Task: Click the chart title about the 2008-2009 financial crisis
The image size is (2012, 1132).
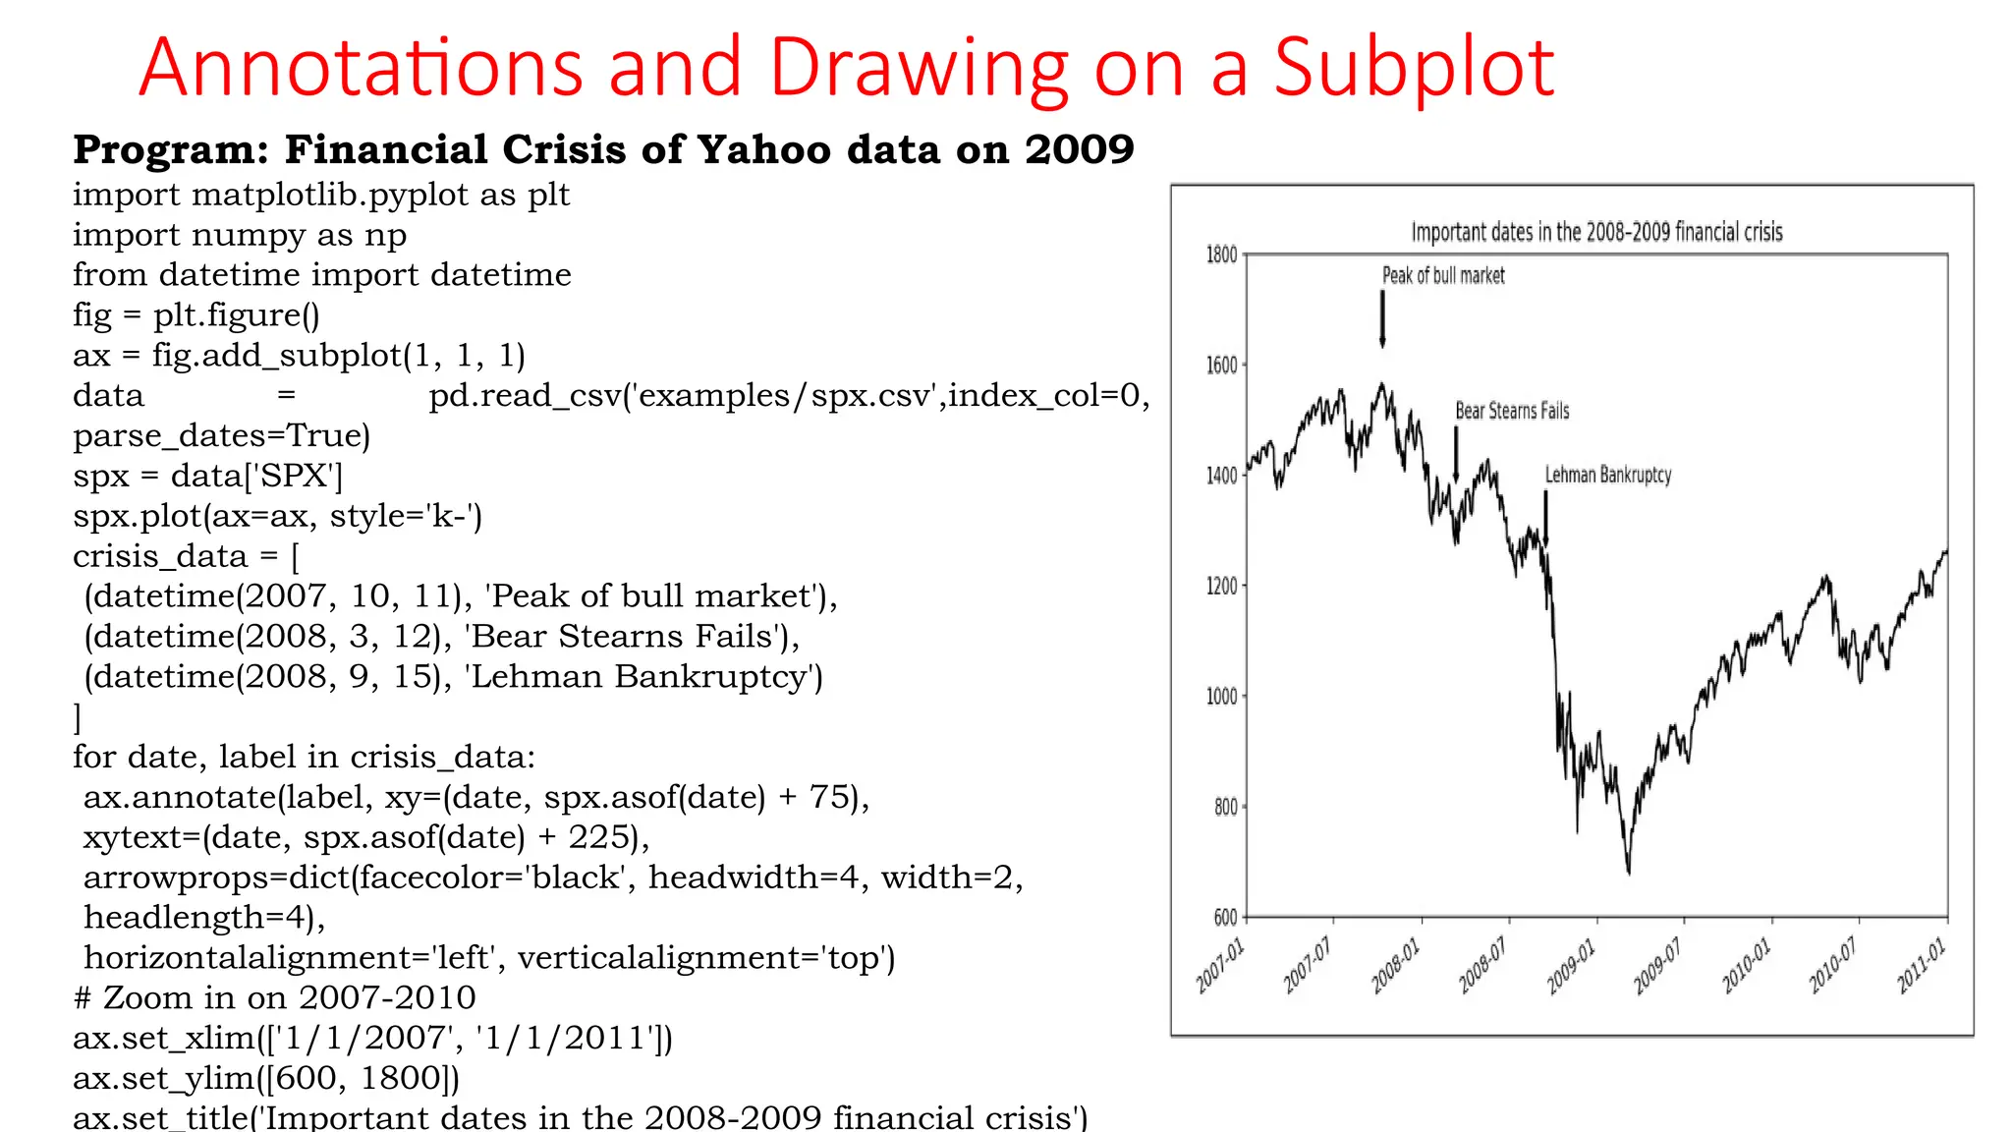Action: tap(1596, 232)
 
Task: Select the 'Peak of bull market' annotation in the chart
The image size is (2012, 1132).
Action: tap(1443, 276)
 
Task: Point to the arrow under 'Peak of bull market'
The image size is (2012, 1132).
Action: tap(1382, 319)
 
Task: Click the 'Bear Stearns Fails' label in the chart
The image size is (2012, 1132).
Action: tap(1512, 411)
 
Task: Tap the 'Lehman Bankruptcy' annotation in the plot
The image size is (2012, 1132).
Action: tap(1607, 476)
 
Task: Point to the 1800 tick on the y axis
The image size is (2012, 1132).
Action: tap(1221, 255)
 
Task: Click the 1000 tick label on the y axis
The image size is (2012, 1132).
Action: tap(1221, 697)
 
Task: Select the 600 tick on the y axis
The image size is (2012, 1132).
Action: tap(1225, 918)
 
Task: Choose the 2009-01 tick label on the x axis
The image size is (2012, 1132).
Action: tap(1571, 966)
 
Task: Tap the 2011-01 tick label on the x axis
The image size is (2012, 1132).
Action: tap(1920, 966)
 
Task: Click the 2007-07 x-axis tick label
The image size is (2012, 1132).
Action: tap(1308, 966)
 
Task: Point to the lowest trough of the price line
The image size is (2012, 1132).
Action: tap(1629, 871)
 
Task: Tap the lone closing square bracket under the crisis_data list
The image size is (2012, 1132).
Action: tap(78, 718)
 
